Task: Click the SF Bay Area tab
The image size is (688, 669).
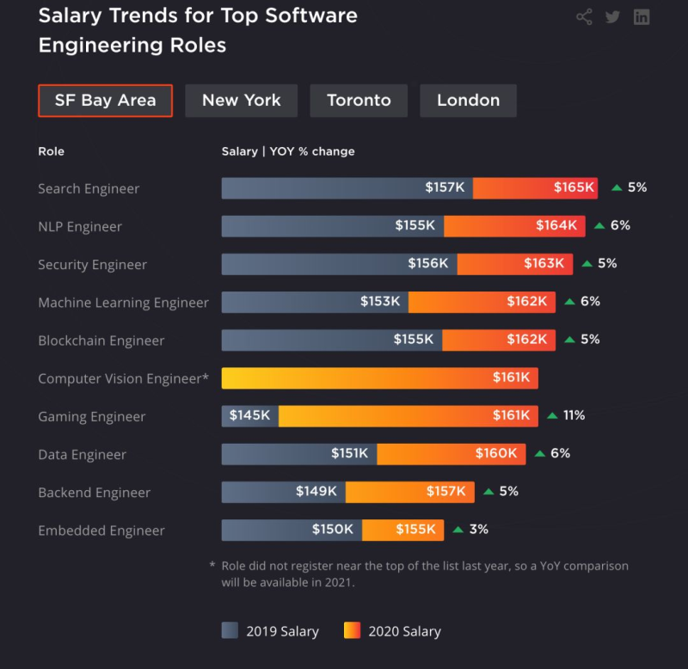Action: coord(105,101)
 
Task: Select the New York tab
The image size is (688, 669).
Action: coord(241,101)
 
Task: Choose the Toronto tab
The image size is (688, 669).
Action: coord(359,101)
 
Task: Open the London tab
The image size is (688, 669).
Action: coord(468,101)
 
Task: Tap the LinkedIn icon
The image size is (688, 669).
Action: coord(642,17)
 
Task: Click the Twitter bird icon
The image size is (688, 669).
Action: coord(612,17)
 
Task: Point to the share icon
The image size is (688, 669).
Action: coord(584,17)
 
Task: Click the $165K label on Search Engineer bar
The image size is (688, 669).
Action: coord(574,187)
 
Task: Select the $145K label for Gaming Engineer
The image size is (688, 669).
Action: coord(249,415)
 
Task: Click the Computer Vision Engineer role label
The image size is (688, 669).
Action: coord(123,378)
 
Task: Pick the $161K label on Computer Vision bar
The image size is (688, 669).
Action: coord(513,377)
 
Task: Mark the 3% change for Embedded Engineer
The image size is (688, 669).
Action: coord(478,530)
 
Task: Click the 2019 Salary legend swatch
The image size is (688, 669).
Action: coord(230,631)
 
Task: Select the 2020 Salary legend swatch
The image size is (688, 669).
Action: coord(352,631)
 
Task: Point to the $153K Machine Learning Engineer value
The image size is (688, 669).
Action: coord(380,302)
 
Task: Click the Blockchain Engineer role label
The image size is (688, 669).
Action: coord(101,341)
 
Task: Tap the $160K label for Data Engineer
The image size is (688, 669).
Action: coord(496,453)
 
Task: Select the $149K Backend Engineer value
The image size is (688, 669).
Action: coord(316,491)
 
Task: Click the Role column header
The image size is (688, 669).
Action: coord(51,151)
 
